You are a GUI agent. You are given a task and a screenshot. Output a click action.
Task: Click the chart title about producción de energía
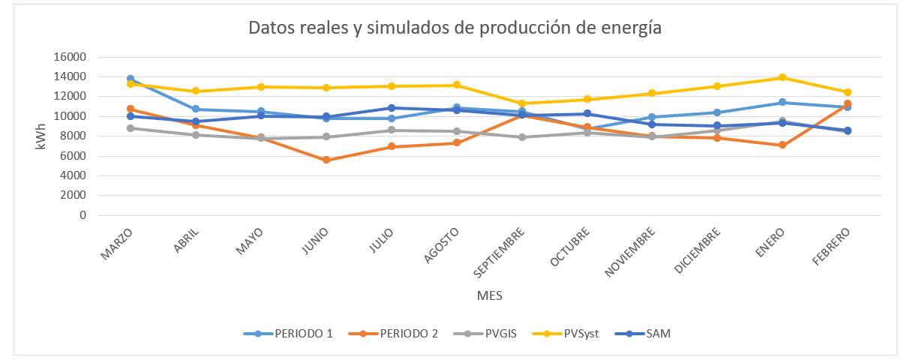point(455,28)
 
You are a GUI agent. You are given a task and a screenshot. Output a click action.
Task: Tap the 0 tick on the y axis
point(83,215)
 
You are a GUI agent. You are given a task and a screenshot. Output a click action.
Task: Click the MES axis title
point(489,296)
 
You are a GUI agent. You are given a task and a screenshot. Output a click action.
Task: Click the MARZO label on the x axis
point(116,243)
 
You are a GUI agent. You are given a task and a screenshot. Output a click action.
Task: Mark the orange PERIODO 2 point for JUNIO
point(326,160)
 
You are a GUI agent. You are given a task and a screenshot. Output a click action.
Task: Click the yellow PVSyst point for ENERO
point(782,77)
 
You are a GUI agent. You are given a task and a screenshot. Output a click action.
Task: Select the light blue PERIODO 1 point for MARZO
point(131,79)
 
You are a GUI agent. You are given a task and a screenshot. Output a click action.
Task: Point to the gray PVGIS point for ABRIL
point(196,135)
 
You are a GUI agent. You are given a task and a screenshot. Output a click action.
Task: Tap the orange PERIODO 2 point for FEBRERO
point(848,103)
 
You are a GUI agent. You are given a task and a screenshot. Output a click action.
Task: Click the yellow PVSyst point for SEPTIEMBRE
point(521,103)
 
